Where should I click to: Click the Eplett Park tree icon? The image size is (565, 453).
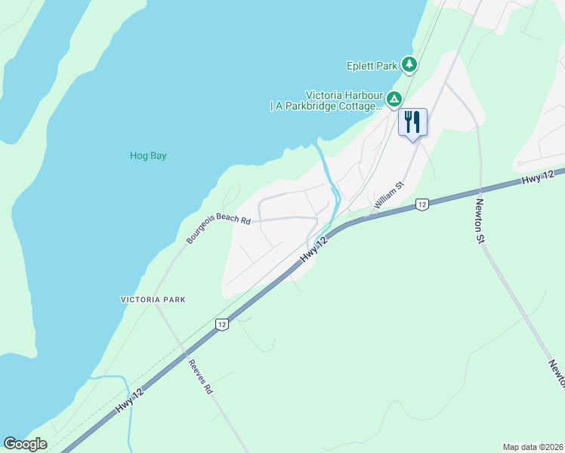(409, 65)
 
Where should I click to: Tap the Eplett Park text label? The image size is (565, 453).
(372, 66)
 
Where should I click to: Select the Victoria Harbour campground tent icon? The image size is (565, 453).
(394, 99)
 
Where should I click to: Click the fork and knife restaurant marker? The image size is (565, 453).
(412, 122)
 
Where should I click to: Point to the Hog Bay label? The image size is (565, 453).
(147, 156)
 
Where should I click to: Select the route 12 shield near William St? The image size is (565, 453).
(422, 205)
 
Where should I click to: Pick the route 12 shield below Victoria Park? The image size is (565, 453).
(221, 324)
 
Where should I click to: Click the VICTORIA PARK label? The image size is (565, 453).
(153, 300)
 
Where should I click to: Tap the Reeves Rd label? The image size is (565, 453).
(201, 377)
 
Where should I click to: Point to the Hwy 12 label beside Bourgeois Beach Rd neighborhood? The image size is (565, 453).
(314, 250)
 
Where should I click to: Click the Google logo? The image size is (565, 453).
(25, 443)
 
